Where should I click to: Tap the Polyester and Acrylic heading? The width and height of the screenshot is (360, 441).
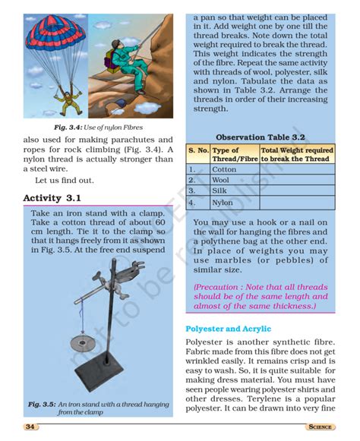[229, 329]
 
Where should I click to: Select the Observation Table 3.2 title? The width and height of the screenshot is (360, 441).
[261, 137]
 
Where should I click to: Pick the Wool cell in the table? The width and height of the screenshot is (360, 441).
[223, 181]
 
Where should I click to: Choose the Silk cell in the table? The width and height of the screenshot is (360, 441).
[221, 191]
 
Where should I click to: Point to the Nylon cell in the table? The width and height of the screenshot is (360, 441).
[223, 203]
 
